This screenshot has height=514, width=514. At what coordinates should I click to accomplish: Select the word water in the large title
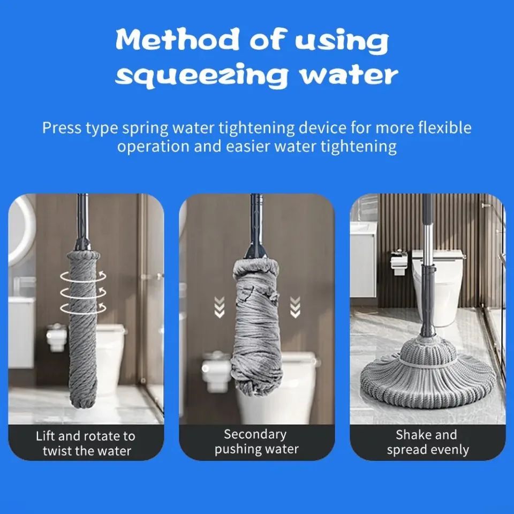tap(349, 75)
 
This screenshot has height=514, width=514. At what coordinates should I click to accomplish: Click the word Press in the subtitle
tap(62, 128)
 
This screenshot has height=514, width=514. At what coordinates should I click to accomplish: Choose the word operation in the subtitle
tap(153, 147)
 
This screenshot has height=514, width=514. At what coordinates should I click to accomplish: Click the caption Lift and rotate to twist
tap(86, 443)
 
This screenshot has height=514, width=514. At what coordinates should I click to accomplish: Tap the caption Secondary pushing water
tap(256, 442)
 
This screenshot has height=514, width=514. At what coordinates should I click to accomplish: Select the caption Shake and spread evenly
tap(427, 442)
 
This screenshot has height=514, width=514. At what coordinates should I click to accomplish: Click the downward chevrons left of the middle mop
tap(220, 307)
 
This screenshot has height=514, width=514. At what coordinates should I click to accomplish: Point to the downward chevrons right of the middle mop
tap(295, 307)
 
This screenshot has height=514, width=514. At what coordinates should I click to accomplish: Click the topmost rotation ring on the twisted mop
tap(84, 276)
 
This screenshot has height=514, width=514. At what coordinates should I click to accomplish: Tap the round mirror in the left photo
tap(21, 230)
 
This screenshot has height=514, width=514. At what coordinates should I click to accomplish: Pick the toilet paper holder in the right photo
tap(398, 262)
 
